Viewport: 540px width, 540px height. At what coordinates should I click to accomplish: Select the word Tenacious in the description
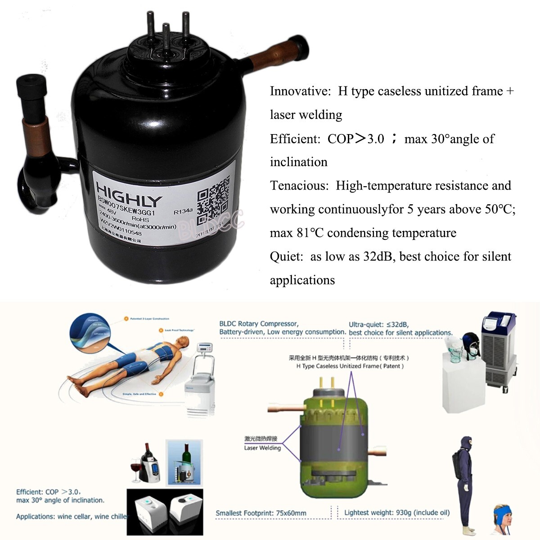(x=299, y=186)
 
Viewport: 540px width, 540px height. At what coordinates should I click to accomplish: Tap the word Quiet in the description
(x=286, y=256)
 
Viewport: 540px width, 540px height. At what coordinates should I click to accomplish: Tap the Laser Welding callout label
(x=262, y=448)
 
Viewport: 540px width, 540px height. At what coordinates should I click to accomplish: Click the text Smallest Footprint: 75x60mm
(x=261, y=513)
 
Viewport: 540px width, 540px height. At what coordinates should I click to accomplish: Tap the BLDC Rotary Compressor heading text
(x=259, y=324)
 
